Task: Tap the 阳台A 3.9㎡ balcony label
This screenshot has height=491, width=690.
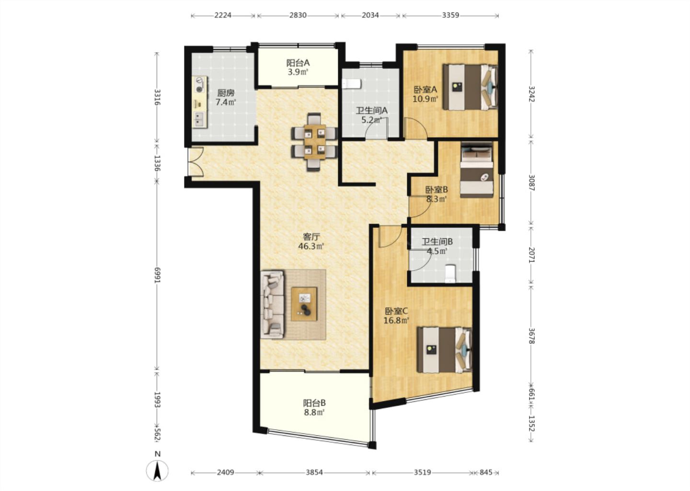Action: (x=298, y=68)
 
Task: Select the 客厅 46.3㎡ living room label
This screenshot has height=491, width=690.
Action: (x=311, y=242)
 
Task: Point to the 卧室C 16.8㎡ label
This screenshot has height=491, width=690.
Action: (x=396, y=316)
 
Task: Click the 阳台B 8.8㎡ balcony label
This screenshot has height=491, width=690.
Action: (x=314, y=408)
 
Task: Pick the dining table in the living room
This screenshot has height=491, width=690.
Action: (x=314, y=142)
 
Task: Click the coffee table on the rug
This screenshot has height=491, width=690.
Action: (x=304, y=304)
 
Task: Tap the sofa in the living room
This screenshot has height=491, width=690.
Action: (x=273, y=304)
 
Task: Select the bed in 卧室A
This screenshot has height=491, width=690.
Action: (x=470, y=87)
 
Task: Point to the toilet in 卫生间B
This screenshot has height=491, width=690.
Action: (x=450, y=273)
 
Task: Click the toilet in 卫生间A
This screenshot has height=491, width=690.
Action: (x=352, y=84)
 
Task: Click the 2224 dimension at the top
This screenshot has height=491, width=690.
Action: (x=223, y=15)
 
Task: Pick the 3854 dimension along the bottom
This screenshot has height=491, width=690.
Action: (x=314, y=472)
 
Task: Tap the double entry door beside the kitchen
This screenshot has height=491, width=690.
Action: (x=195, y=162)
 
